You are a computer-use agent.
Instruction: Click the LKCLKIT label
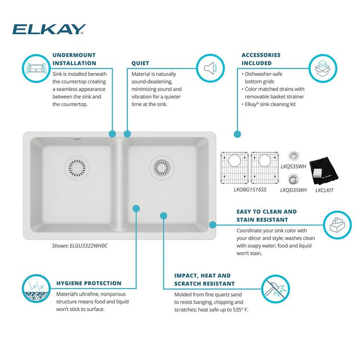click(x=325, y=190)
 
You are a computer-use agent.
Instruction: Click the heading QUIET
click(x=140, y=63)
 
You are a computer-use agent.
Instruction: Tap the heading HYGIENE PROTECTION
click(x=89, y=283)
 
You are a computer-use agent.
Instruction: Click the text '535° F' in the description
click(x=238, y=310)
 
